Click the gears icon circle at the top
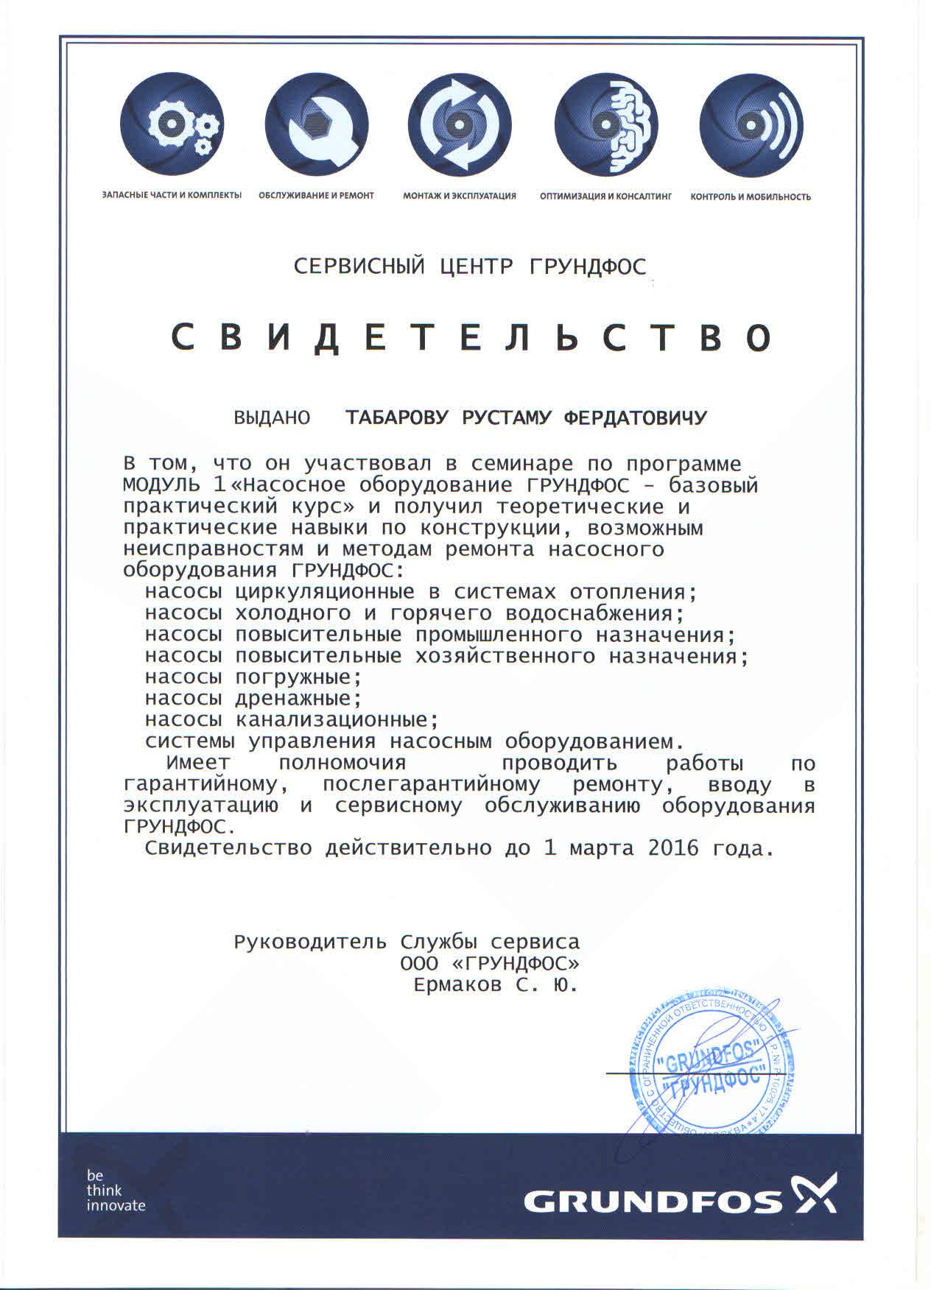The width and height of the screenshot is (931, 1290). click(x=172, y=127)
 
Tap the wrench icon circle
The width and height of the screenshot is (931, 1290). click(x=317, y=127)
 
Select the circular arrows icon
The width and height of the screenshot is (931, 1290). click(x=460, y=127)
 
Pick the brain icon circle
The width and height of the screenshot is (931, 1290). click(x=605, y=127)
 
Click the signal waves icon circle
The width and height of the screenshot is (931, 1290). click(x=751, y=127)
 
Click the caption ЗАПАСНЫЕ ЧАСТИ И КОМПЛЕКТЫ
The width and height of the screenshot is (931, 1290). click(x=172, y=196)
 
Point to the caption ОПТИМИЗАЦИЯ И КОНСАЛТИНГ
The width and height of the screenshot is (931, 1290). click(x=605, y=197)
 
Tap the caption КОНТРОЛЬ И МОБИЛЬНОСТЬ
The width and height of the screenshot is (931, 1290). click(x=751, y=197)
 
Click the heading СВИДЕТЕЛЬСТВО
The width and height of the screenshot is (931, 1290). click(x=471, y=338)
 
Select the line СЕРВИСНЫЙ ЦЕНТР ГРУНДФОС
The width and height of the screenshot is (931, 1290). click(x=470, y=266)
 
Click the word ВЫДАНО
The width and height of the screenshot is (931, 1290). click(x=271, y=418)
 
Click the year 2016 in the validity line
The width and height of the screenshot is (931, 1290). click(x=672, y=848)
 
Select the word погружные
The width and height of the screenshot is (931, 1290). click(x=298, y=677)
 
